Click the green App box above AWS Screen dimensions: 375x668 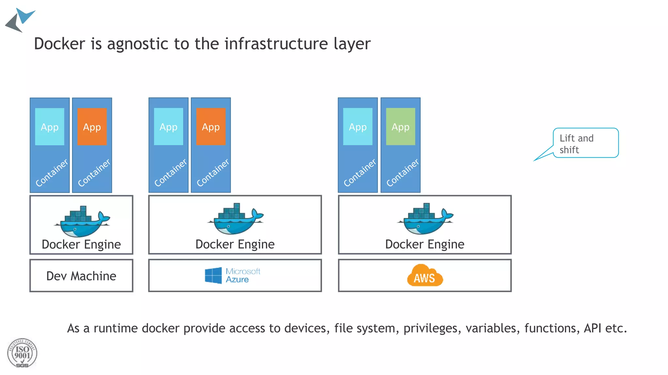tap(400, 127)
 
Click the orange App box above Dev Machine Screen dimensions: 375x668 tap(92, 127)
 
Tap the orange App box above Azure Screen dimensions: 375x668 tap(211, 127)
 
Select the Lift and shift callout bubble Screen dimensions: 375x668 tap(585, 143)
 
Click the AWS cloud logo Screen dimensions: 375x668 tap(425, 276)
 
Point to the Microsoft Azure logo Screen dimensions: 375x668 tap(232, 275)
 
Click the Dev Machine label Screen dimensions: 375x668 tap(81, 276)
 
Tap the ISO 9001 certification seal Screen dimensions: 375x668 tap(22, 353)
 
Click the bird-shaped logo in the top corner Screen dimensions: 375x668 tap(20, 20)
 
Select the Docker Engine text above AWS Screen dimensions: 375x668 tap(425, 244)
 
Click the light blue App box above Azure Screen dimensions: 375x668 tap(168, 127)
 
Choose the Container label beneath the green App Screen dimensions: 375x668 tap(402, 173)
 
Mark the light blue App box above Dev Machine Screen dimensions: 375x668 tap(50, 127)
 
